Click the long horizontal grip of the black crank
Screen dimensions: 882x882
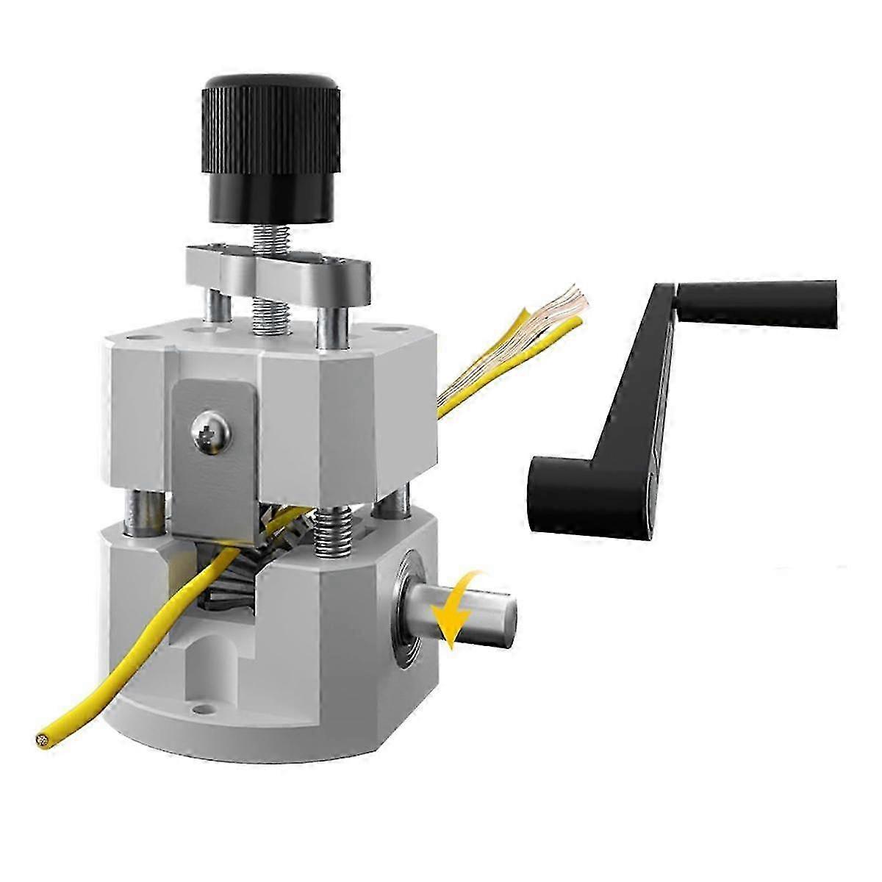757,301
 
